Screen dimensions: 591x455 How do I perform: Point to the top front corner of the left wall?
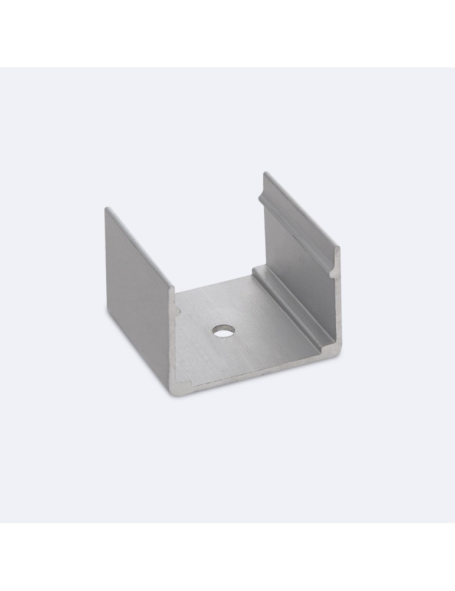coord(174,288)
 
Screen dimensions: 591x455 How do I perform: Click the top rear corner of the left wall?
coord(106,208)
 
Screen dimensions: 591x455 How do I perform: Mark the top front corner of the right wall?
coord(339,247)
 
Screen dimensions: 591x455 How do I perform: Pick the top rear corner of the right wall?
coord(265,173)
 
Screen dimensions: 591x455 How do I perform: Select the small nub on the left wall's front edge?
coord(176,309)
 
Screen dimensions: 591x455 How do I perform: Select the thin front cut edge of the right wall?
coord(339,307)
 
